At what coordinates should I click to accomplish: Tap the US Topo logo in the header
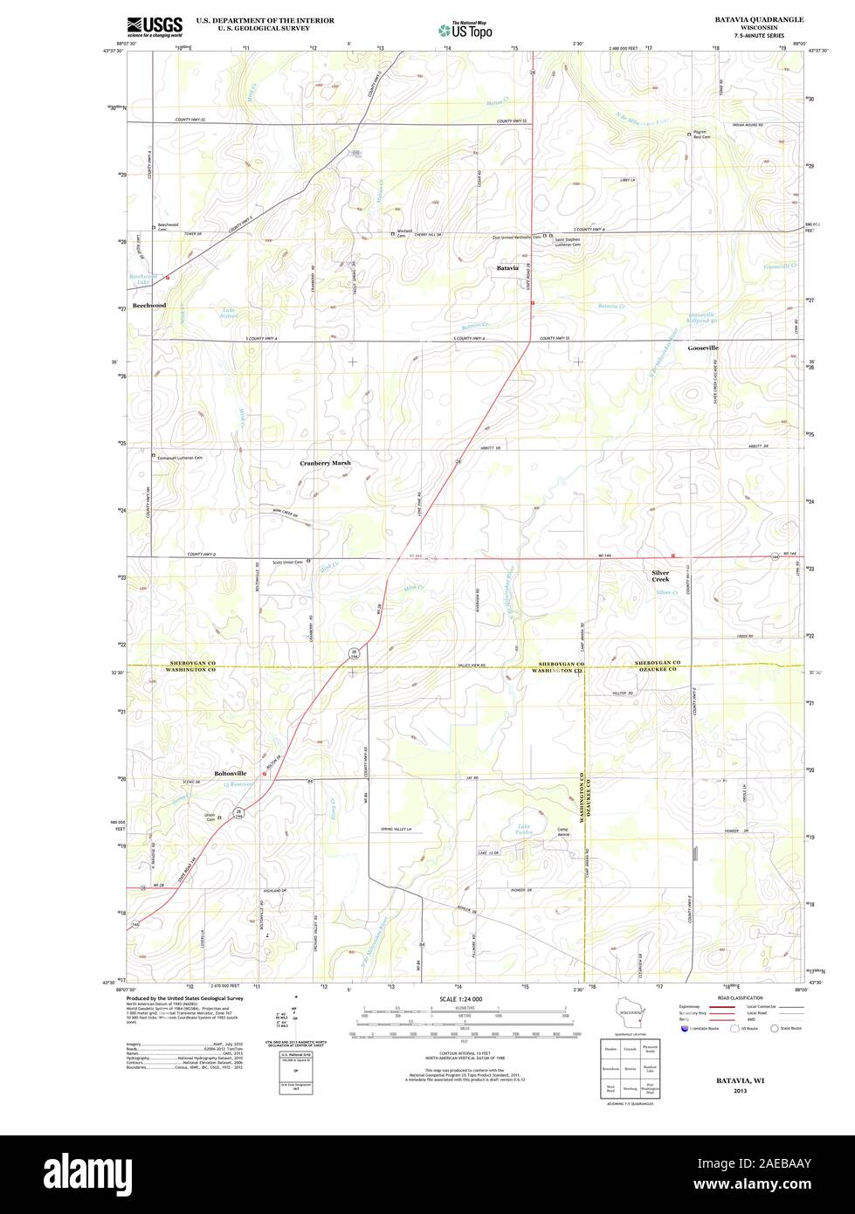tap(465, 29)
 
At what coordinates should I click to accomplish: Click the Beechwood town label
tap(148, 306)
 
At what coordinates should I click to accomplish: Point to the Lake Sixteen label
tap(229, 313)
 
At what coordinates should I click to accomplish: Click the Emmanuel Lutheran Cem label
tap(179, 458)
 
